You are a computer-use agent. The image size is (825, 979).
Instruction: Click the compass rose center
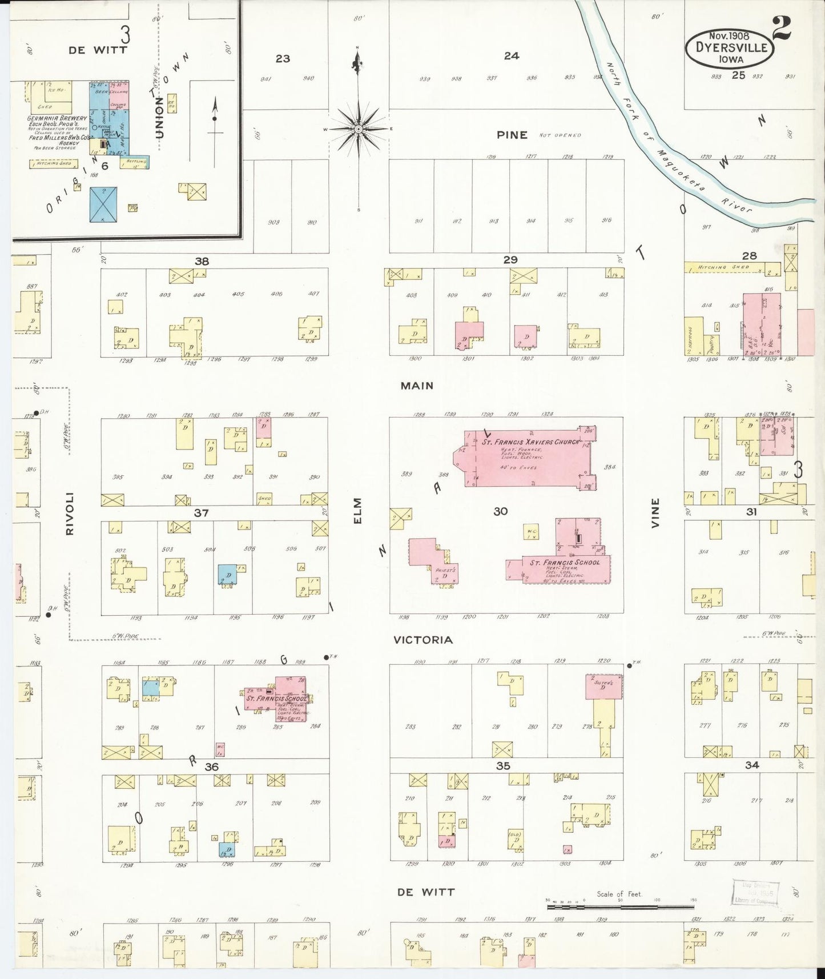point(358,130)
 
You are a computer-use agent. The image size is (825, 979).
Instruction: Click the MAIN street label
point(417,386)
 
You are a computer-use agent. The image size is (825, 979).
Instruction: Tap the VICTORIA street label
point(423,640)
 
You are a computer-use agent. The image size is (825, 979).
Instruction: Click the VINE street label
point(655,512)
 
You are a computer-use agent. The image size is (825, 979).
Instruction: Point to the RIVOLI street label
point(70,513)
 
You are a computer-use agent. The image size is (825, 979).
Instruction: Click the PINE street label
point(512,135)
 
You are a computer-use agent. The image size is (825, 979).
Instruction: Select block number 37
point(201,513)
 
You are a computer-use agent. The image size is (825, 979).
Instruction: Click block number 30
point(501,512)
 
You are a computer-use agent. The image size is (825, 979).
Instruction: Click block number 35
point(503,766)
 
